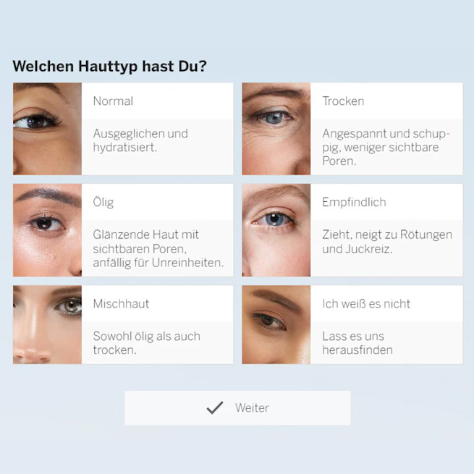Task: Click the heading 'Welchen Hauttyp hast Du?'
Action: pos(110,67)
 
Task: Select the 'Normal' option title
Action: pos(113,101)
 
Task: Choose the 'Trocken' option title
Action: pos(343,101)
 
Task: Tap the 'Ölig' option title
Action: pos(103,202)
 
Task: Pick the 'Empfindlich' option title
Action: pos(354,202)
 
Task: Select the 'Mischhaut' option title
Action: pos(122,303)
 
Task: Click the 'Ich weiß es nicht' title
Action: pos(366,303)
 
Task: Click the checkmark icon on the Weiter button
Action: pos(215,407)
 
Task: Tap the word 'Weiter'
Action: pos(252,408)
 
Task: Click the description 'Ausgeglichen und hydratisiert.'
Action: pos(140,140)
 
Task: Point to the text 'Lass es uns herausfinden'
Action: pos(357,343)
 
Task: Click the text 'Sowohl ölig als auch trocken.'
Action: pos(147,343)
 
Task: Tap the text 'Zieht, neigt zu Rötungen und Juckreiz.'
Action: pos(387,242)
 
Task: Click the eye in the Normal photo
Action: pos(35,122)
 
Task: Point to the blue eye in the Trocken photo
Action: pos(274,117)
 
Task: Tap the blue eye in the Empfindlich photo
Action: pos(274,219)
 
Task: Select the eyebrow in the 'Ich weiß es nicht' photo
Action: pos(276,297)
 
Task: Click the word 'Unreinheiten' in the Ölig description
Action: pos(187,263)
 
